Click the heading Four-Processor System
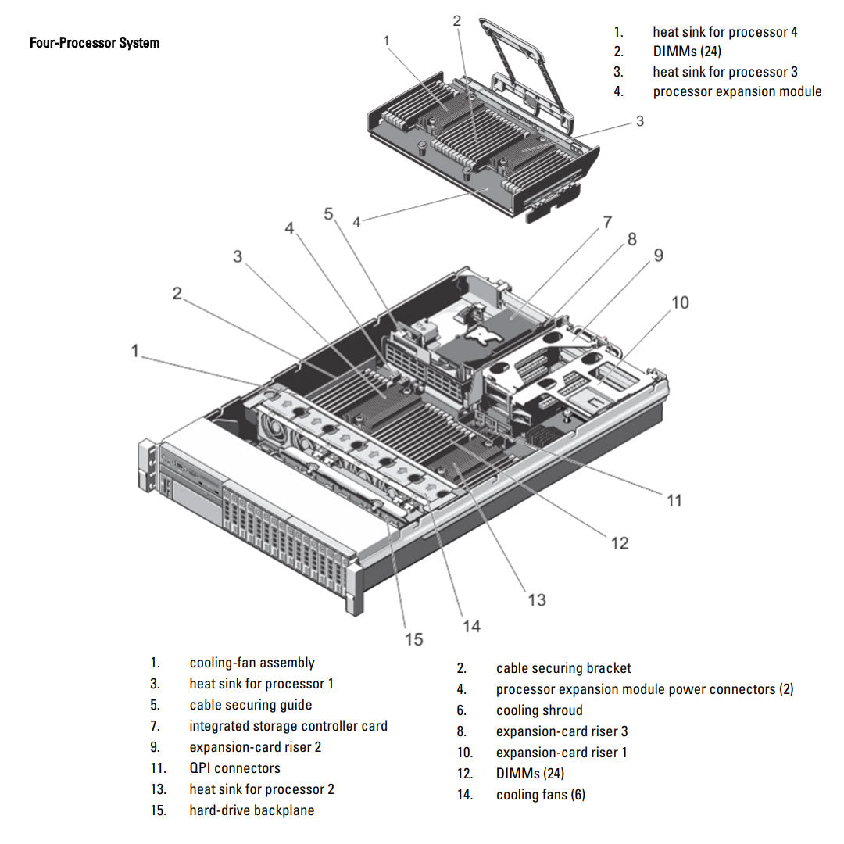point(95,43)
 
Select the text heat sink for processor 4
point(724,32)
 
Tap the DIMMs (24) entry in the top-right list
point(687,52)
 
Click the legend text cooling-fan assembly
point(252,663)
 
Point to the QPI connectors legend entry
point(234,768)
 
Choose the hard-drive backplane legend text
point(252,810)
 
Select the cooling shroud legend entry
point(539,710)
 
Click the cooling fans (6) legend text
point(540,795)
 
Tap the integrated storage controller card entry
point(288,726)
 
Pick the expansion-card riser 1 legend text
point(561,753)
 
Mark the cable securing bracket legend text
point(563,668)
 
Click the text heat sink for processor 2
point(261,789)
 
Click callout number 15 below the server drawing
point(413,639)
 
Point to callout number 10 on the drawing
point(680,302)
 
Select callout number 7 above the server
point(606,222)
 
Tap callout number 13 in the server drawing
point(536,600)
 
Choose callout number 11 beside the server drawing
point(674,500)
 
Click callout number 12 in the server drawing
point(619,542)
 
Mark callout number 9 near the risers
point(658,256)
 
